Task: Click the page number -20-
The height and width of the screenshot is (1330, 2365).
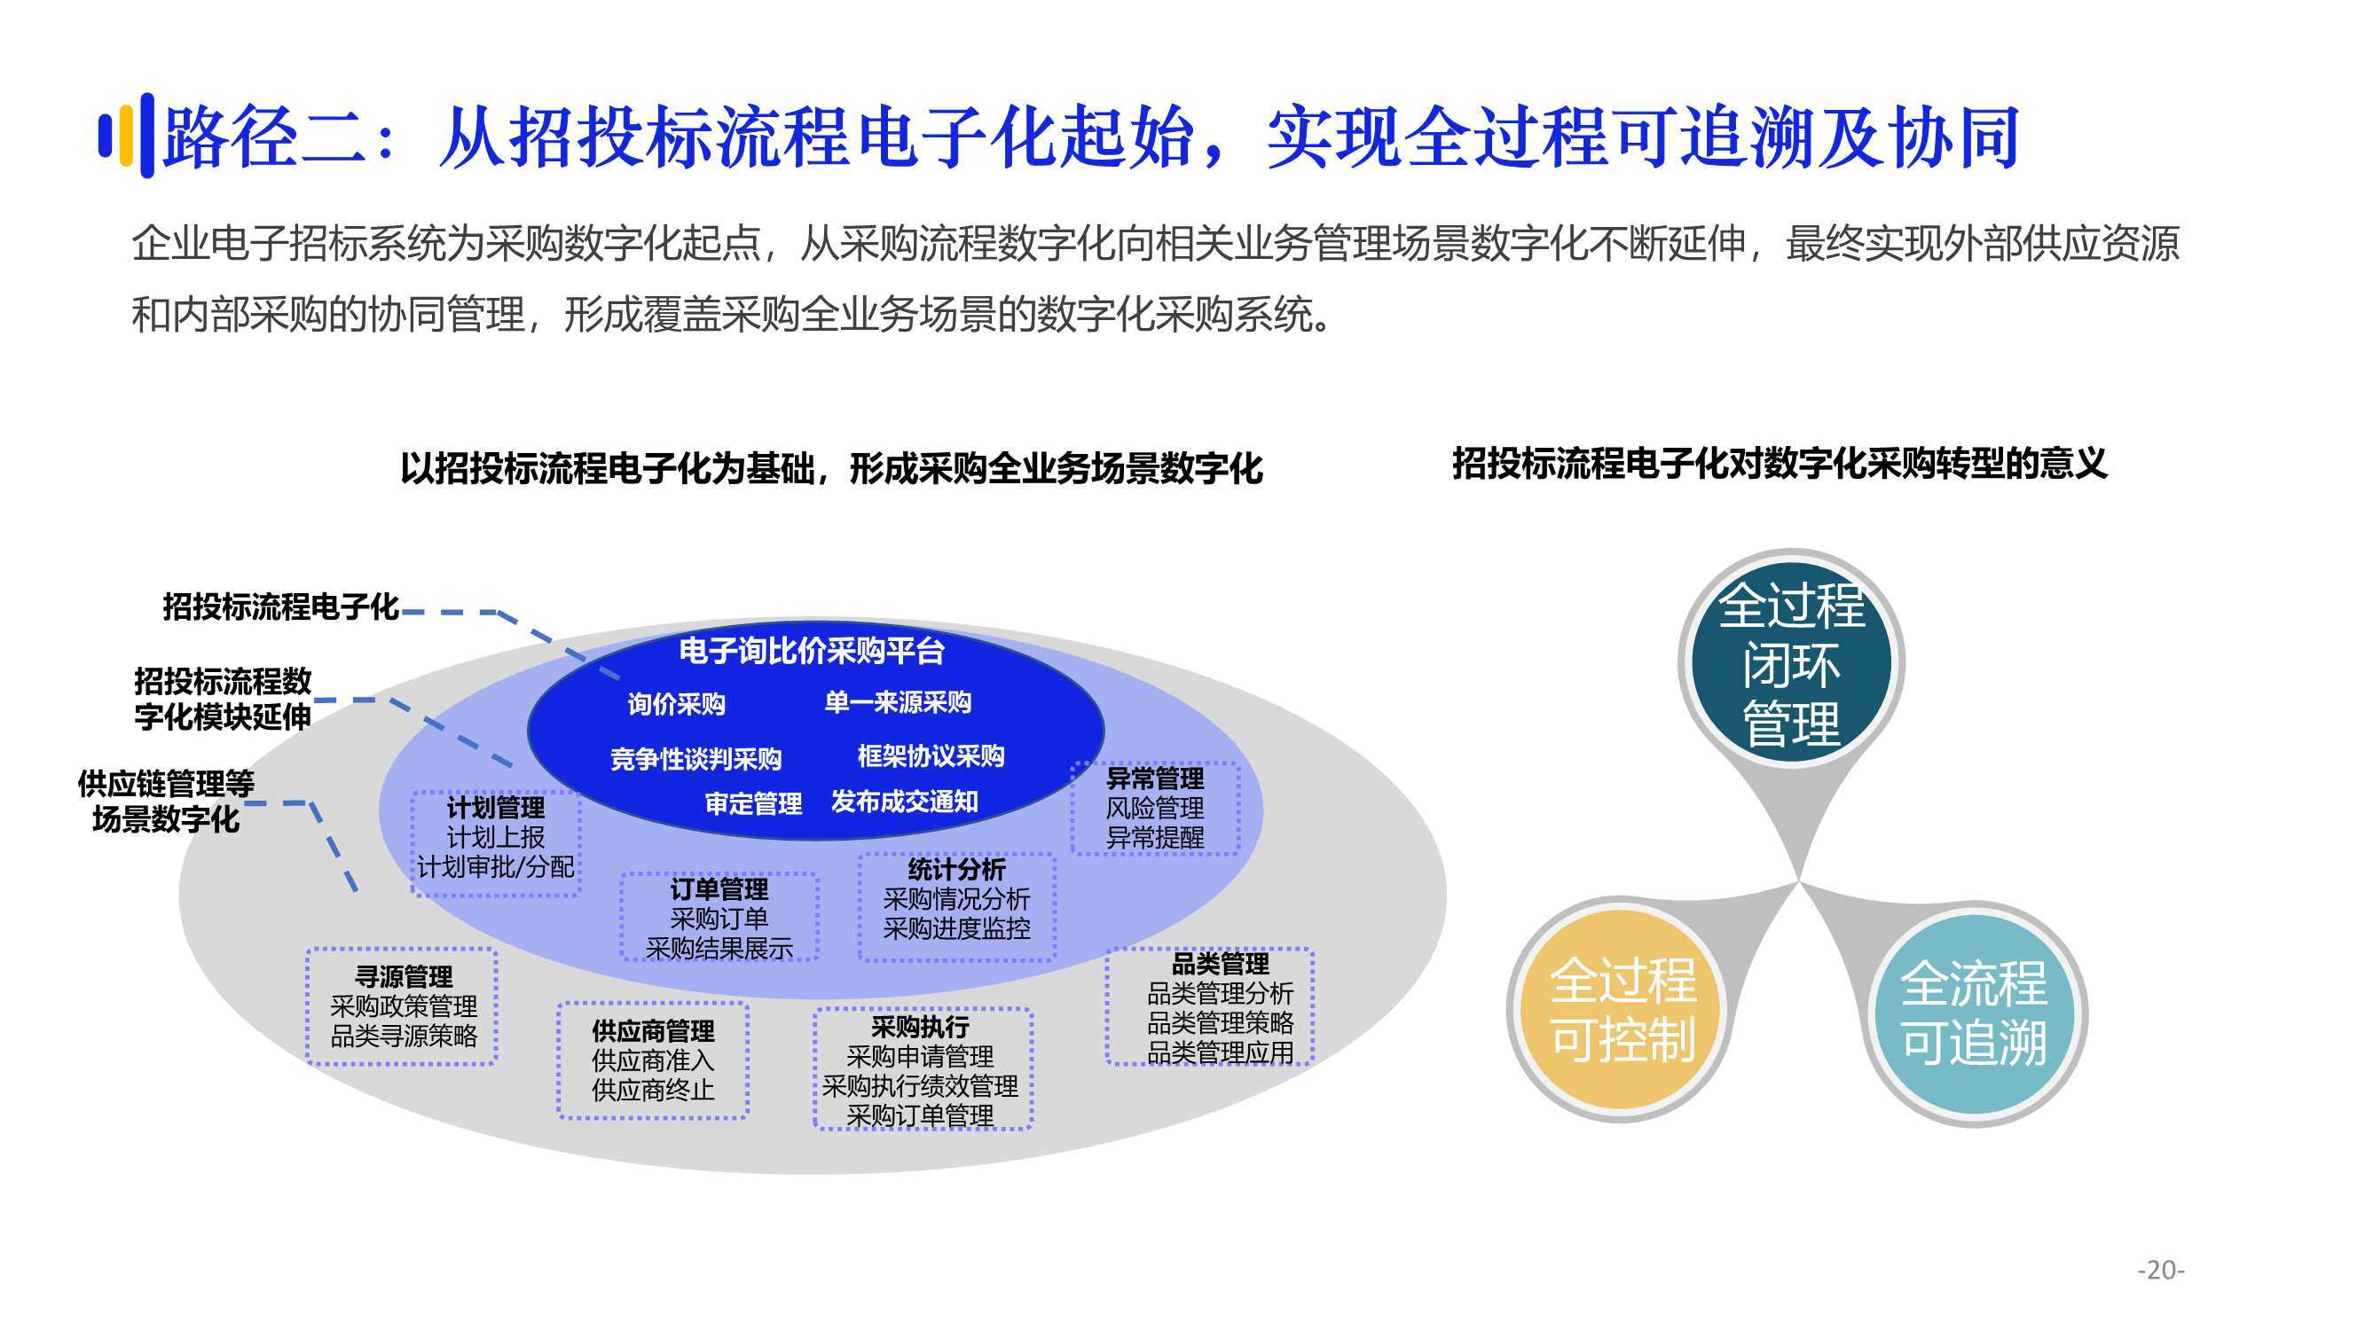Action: [x=2160, y=1271]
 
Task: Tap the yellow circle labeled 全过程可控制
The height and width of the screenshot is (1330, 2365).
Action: [x=1622, y=1011]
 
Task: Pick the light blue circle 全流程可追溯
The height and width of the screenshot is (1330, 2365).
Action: [x=1975, y=1014]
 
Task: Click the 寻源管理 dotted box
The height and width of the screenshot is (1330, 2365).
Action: [x=401, y=1007]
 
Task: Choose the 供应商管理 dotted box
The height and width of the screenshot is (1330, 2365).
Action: [x=653, y=1061]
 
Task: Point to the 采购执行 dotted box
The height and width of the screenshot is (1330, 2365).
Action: [x=923, y=1069]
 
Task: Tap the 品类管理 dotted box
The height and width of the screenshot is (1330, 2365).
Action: [x=1210, y=1007]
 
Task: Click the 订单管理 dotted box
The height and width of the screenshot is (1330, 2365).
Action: [x=719, y=917]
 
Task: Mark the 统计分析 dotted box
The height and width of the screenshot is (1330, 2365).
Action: [x=956, y=907]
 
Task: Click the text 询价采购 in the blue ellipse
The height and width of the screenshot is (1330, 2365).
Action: [x=677, y=704]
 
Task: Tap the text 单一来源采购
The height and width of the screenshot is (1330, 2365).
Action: [x=898, y=702]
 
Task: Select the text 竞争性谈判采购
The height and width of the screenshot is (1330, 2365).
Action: [x=695, y=759]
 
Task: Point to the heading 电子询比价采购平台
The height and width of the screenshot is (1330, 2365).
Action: [x=812, y=651]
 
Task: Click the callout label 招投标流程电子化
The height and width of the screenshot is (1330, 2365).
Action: [x=281, y=606]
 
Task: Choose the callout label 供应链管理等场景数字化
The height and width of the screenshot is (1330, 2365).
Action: [x=166, y=802]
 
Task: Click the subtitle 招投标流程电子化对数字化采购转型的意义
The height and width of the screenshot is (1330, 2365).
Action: [x=1780, y=464]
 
